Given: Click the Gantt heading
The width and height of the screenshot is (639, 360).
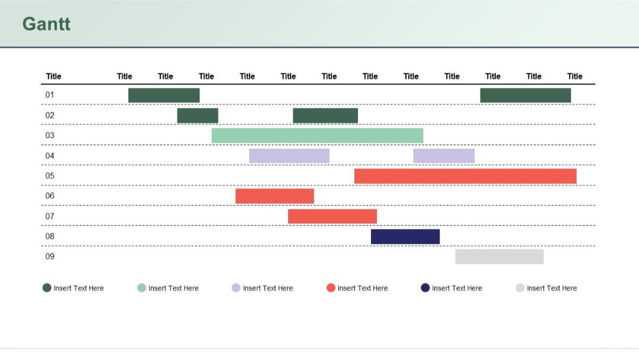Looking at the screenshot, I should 46,24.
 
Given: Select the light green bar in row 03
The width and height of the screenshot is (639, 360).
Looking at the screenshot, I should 317,136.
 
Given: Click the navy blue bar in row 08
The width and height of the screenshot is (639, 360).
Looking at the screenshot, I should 405,237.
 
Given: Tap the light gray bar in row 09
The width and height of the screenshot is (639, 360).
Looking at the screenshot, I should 499,256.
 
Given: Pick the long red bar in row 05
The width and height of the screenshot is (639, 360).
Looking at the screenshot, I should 465,176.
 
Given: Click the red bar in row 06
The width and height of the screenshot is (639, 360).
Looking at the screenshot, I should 275,196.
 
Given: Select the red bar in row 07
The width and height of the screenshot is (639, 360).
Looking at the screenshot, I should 332,217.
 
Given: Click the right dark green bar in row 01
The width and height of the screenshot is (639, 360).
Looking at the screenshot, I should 525,95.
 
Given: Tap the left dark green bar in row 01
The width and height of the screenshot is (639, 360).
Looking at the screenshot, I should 164,95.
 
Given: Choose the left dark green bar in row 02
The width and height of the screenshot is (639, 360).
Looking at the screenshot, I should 198,115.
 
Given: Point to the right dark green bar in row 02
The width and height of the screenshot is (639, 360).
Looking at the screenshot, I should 325,115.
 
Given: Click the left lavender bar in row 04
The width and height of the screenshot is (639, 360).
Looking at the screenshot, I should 289,156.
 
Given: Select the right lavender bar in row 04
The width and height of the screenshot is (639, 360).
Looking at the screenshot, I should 444,156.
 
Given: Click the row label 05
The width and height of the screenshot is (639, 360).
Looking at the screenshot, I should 50,176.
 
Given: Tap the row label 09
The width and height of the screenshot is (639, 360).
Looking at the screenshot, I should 50,256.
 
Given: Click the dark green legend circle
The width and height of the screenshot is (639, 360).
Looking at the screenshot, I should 47,288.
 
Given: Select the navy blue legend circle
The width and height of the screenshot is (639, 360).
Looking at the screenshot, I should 425,288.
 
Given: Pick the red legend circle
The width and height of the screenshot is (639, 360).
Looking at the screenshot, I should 331,288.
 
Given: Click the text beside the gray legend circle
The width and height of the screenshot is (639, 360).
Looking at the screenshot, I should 551,288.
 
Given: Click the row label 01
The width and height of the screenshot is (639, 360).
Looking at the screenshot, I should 50,95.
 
